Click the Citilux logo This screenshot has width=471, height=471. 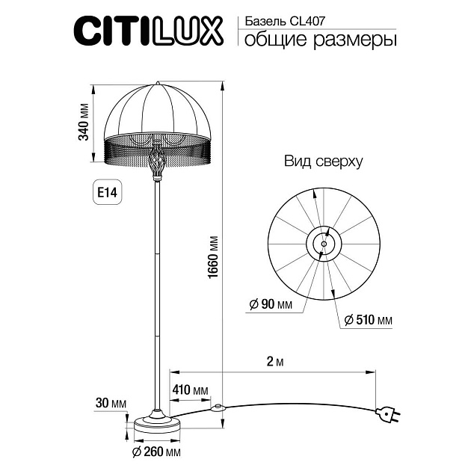(147, 31)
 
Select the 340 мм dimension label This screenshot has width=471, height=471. (84, 121)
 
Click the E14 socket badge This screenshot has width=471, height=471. (106, 192)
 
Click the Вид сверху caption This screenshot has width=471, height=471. (323, 161)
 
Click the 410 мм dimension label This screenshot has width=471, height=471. (190, 389)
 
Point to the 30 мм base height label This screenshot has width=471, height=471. (111, 404)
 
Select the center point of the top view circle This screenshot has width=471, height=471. (324, 241)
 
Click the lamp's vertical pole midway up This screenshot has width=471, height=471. (157, 292)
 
